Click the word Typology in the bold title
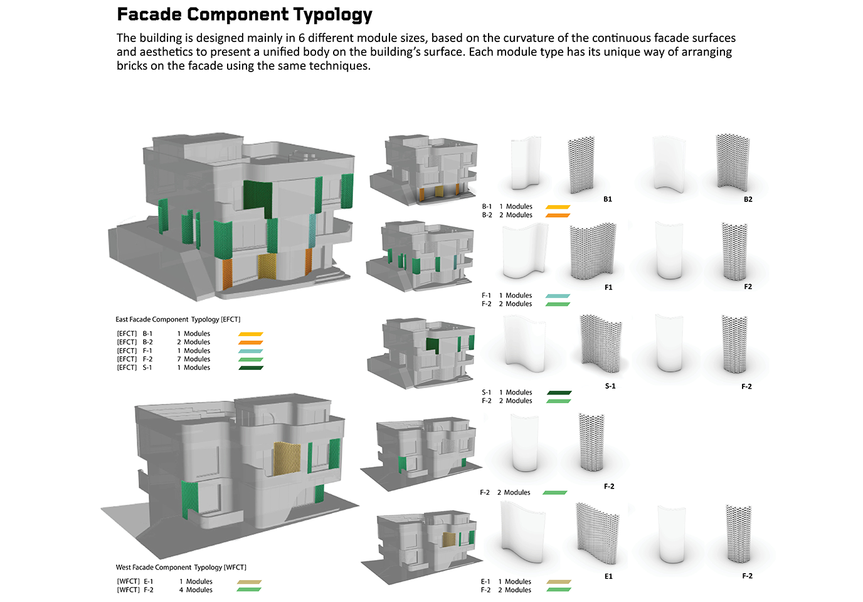(332, 15)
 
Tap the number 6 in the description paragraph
(301, 38)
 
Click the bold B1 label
(607, 199)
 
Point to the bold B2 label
(748, 199)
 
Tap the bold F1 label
(608, 287)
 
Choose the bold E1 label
(608, 576)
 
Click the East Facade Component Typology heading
(177, 319)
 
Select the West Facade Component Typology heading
(181, 568)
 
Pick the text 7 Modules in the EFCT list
(193, 359)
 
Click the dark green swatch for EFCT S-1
(251, 368)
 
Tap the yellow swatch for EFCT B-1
(251, 334)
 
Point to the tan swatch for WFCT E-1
(249, 582)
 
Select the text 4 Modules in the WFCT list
(196, 589)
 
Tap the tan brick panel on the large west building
(287, 458)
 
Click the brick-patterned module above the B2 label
(733, 162)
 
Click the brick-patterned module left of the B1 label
(581, 164)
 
